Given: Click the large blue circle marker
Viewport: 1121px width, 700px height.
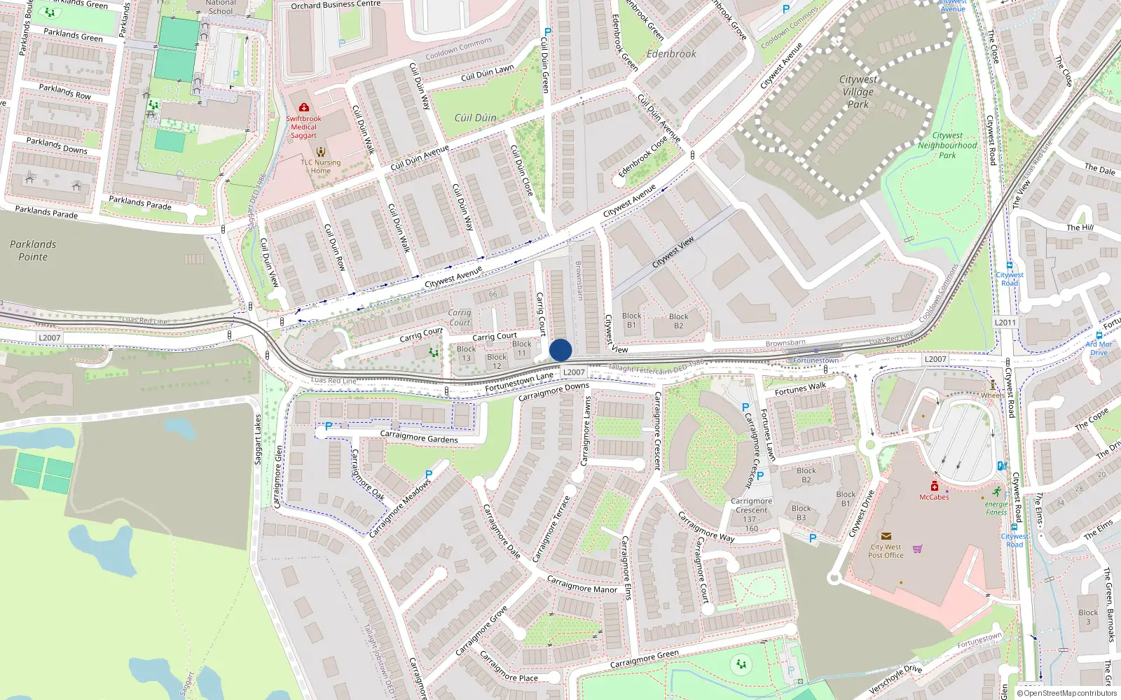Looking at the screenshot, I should [x=560, y=350].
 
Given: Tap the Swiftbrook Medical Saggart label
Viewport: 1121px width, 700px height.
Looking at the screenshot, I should [x=303, y=127].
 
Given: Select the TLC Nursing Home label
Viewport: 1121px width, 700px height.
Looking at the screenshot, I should [x=321, y=167].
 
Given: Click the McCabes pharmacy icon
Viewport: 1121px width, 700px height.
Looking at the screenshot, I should [x=934, y=486].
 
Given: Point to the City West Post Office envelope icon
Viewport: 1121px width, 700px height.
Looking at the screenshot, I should [x=886, y=536].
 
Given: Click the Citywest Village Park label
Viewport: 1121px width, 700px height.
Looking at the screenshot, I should [x=858, y=92].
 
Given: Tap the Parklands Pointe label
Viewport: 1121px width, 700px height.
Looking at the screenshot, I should [x=33, y=251].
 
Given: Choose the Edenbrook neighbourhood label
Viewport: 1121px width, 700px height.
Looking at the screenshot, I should [x=671, y=54].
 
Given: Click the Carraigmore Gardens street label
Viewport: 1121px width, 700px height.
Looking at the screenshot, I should [x=419, y=437].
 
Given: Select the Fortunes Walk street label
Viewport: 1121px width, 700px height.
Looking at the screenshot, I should [x=800, y=388].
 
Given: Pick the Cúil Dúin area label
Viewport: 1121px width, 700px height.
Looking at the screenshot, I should [x=475, y=118].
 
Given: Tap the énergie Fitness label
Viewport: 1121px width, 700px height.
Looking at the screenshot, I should [x=996, y=507].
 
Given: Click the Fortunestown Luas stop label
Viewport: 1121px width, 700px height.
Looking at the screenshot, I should [x=816, y=360].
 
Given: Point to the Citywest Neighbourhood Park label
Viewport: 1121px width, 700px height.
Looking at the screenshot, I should [x=947, y=146].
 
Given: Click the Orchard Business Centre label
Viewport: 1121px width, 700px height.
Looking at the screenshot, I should [x=336, y=5].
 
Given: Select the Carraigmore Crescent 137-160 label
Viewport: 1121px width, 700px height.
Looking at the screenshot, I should [x=751, y=514].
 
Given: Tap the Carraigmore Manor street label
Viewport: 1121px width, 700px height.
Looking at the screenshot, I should [x=582, y=585].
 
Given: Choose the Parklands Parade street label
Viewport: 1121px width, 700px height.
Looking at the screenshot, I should [x=46, y=211].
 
